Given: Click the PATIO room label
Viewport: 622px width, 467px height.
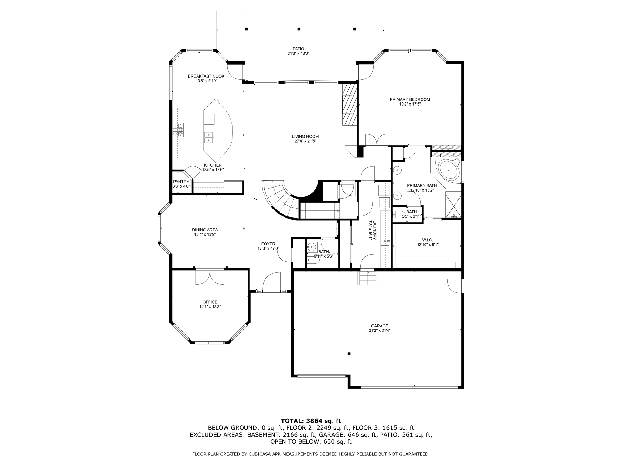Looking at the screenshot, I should pyautogui.click(x=298, y=49).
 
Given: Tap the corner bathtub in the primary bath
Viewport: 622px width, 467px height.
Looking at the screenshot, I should pyautogui.click(x=448, y=171).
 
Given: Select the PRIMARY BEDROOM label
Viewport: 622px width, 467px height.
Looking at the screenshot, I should pyautogui.click(x=410, y=99).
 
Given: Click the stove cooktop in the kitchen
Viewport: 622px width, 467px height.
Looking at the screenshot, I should pyautogui.click(x=178, y=130).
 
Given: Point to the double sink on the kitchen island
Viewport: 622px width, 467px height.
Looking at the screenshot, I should pyautogui.click(x=209, y=137).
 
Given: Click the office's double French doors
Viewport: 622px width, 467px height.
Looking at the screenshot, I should pyautogui.click(x=210, y=277).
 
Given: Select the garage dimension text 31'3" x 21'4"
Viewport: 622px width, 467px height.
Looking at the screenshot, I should pyautogui.click(x=379, y=330).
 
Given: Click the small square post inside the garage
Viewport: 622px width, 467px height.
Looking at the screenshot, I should pyautogui.click(x=349, y=354).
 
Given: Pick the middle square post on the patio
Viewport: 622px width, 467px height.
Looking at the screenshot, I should pyautogui.click(x=299, y=29).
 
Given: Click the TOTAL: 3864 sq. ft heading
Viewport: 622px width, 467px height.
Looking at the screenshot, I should pyautogui.click(x=311, y=421).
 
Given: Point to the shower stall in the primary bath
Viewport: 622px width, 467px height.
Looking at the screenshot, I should pyautogui.click(x=453, y=206).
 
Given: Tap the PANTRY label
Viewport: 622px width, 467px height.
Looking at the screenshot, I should pyautogui.click(x=181, y=182).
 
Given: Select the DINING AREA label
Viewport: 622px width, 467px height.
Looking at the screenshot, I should pyautogui.click(x=205, y=230).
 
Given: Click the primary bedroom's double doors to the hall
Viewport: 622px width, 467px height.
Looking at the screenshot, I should pyautogui.click(x=377, y=140).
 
